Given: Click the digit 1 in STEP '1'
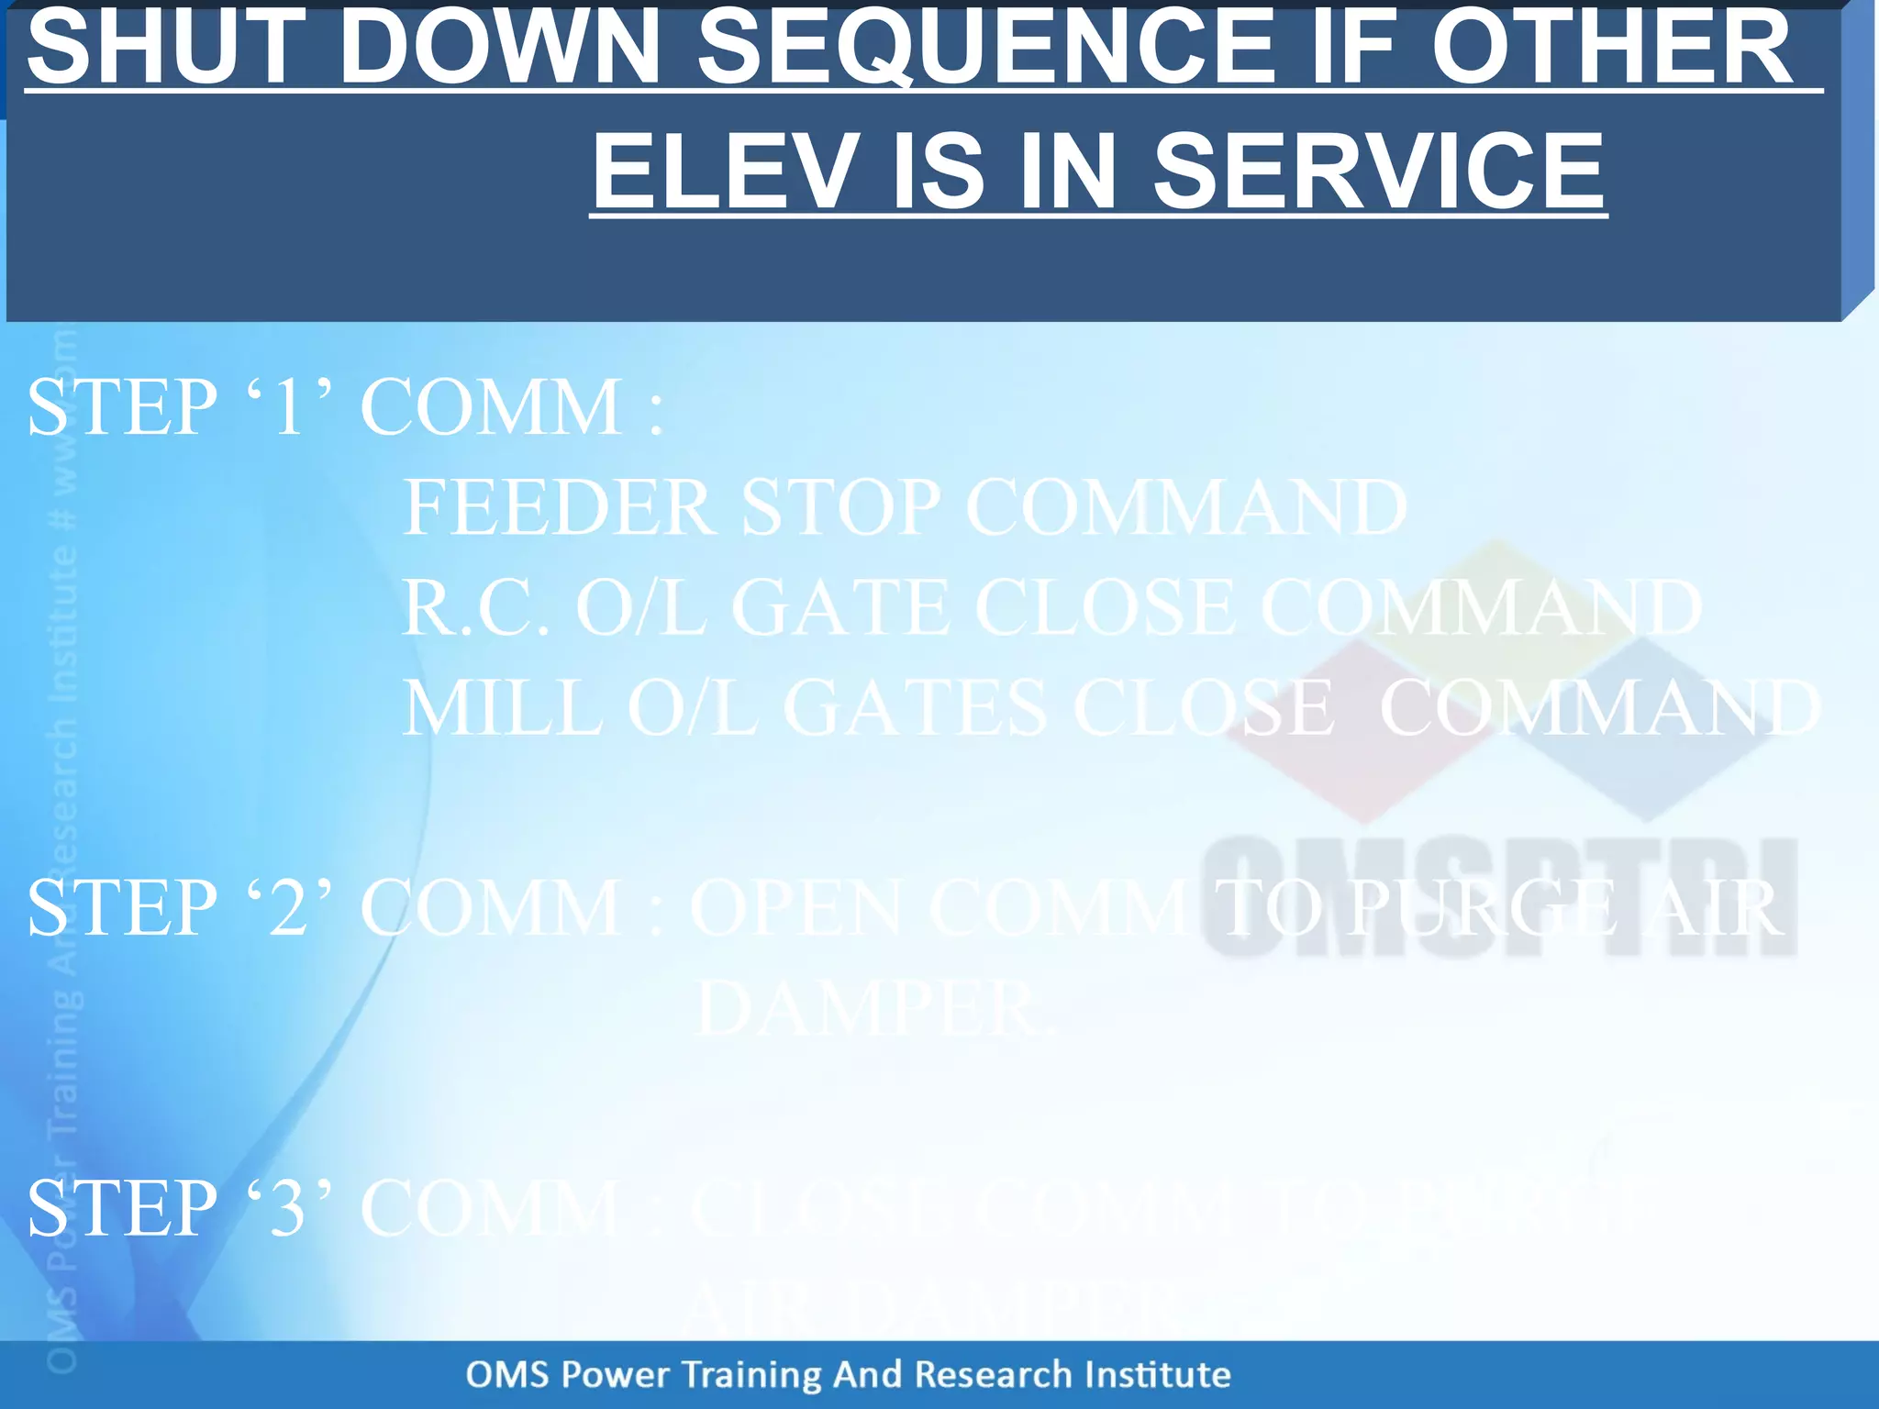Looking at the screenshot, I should (289, 407).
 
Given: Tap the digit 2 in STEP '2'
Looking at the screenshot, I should (289, 908).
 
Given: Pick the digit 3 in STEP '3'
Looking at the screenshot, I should (289, 1209).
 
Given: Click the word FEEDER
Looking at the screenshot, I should (560, 507).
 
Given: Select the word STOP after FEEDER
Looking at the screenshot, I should (840, 507).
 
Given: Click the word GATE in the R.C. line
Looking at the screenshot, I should (839, 607).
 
